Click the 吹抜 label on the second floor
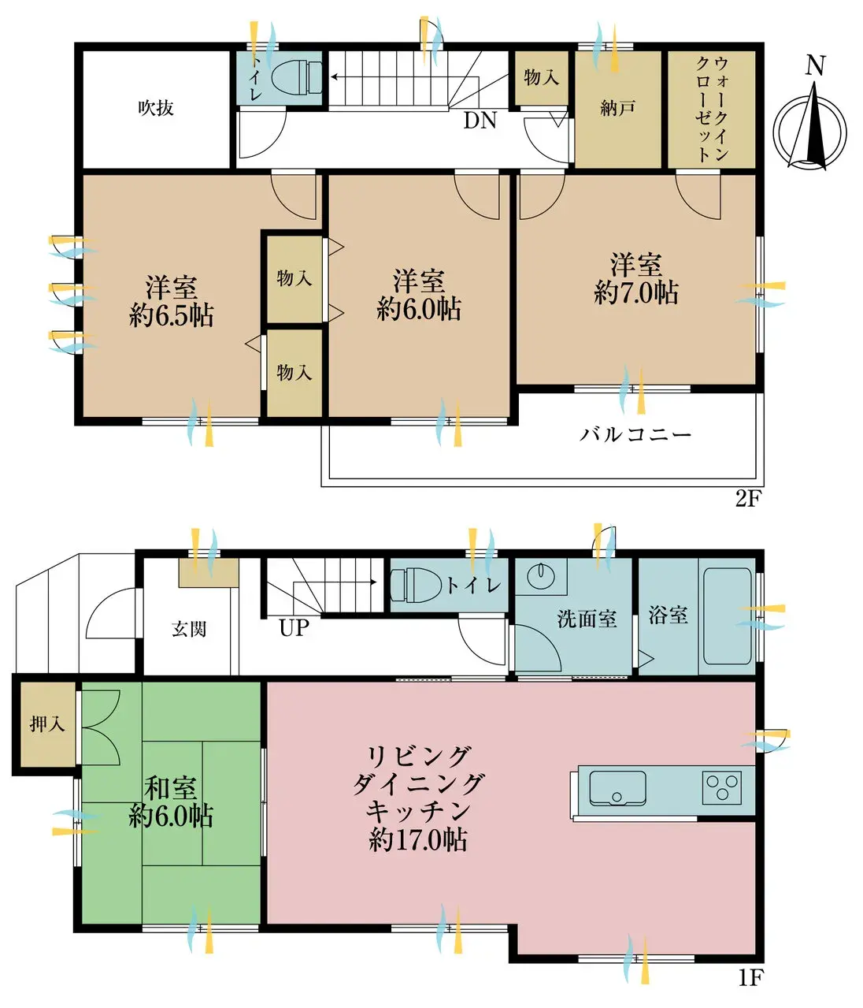[156, 108]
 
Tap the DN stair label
[480, 120]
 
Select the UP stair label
[294, 628]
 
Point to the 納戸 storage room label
[618, 108]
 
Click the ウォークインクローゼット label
[713, 110]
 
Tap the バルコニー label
[635, 433]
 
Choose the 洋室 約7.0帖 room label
[636, 279]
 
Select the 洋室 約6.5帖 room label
[172, 301]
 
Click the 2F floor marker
[748, 499]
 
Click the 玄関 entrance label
[189, 629]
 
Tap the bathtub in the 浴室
[727, 616]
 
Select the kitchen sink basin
[617, 788]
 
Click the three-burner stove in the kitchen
[722, 787]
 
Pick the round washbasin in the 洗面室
[541, 577]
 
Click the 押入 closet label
[47, 724]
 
